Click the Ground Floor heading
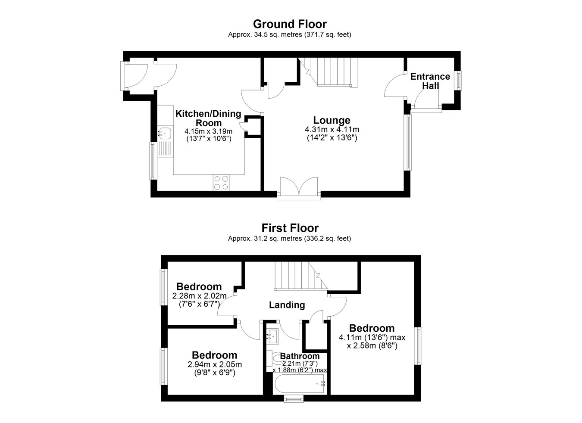pyautogui.click(x=290, y=24)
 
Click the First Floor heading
pyautogui.click(x=290, y=228)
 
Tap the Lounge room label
pyautogui.click(x=332, y=120)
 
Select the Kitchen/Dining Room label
pyautogui.click(x=208, y=118)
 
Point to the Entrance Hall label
pyautogui.click(x=430, y=81)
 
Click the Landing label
pyautogui.click(x=287, y=305)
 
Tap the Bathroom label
pyautogui.click(x=300, y=356)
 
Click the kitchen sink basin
pyautogui.click(x=165, y=133)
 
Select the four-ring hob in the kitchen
pyautogui.click(x=221, y=183)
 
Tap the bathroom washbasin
pyautogui.click(x=272, y=336)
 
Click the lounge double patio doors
pyautogui.click(x=299, y=188)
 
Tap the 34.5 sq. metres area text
pyautogui.click(x=265, y=34)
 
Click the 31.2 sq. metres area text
pyautogui.click(x=265, y=238)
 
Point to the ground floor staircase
pyautogui.click(x=328, y=72)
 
